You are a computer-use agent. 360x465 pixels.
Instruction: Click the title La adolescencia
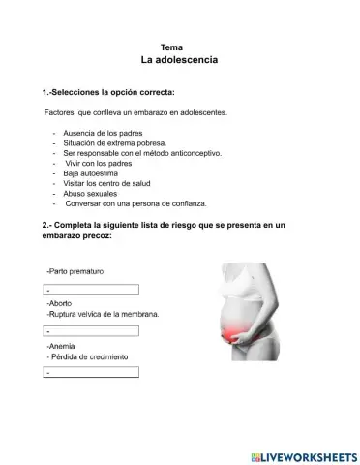[x=179, y=60]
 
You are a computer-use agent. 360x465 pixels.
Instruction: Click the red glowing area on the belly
[x=234, y=335]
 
